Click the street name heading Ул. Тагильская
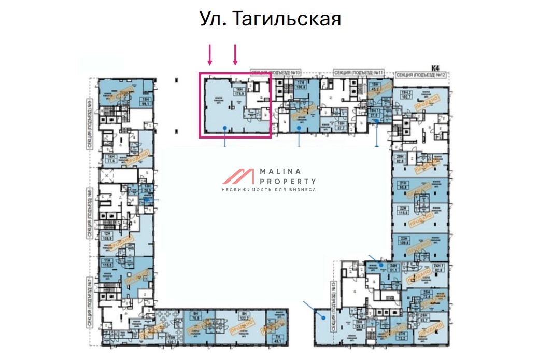270,19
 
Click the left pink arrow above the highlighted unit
210,55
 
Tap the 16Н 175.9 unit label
238,91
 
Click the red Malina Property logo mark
238,177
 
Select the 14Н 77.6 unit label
110,158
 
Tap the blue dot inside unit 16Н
224,128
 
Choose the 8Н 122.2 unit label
244,317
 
